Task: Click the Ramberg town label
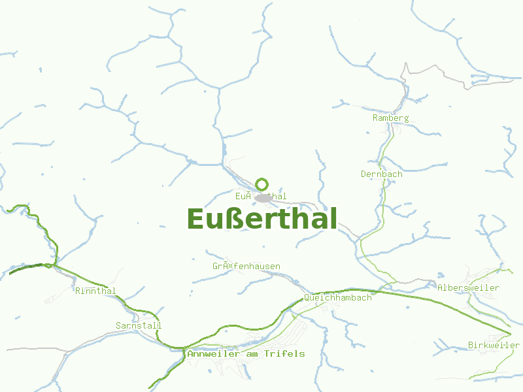(390, 118)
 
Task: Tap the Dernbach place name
(381, 174)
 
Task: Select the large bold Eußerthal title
(261, 219)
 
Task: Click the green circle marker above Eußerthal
(262, 184)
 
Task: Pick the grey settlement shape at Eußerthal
(265, 197)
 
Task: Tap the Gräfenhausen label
(246, 267)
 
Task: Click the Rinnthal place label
(95, 291)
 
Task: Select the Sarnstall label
(138, 325)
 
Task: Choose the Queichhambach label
(337, 297)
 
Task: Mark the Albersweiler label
(468, 288)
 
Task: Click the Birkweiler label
(494, 345)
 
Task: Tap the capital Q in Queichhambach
(307, 297)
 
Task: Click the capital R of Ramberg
(375, 118)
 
